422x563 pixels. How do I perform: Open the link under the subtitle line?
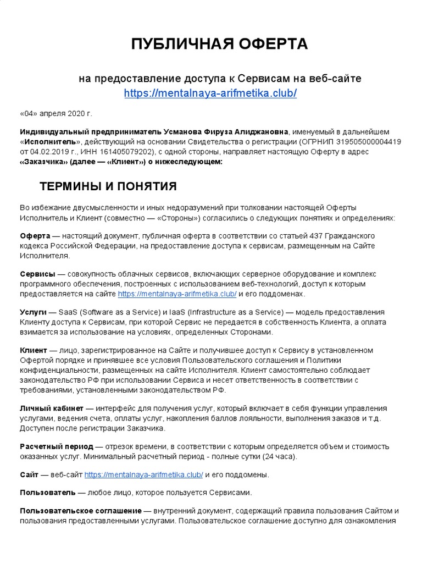[x=210, y=93]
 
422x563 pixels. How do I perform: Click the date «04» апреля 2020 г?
[x=56, y=113]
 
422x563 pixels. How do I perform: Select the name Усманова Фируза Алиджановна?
[x=225, y=131]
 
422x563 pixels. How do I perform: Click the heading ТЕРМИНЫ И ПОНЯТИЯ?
[x=108, y=187]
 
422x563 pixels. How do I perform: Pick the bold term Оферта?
[x=35, y=235]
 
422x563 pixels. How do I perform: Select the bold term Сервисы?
[x=37, y=274]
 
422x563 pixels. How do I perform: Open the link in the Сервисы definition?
[x=177, y=294]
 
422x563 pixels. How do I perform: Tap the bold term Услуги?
[x=33, y=312]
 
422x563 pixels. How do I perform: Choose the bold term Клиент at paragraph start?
[x=34, y=350]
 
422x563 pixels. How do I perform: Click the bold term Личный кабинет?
[x=52, y=409]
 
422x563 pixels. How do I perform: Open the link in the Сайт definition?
[x=143, y=475]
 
